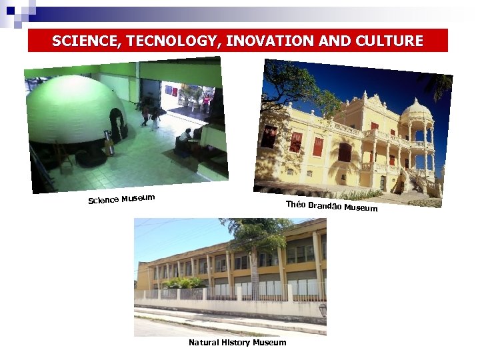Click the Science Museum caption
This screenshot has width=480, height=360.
pyautogui.click(x=122, y=199)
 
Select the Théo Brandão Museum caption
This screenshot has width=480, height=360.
pyautogui.click(x=331, y=207)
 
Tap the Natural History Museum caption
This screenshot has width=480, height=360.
pyautogui.click(x=237, y=343)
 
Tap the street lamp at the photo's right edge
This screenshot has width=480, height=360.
pyautogui.click(x=323, y=310)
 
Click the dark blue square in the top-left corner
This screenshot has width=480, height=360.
pyautogui.click(x=10, y=10)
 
